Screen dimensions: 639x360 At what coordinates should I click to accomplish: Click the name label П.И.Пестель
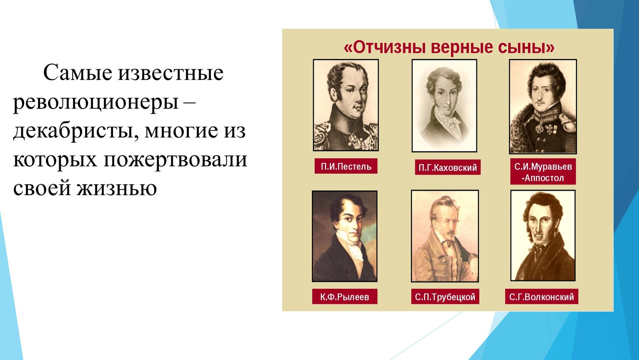(x=346, y=166)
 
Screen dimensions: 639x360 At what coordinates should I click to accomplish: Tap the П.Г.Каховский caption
(x=448, y=167)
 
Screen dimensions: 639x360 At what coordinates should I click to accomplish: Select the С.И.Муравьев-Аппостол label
(x=543, y=172)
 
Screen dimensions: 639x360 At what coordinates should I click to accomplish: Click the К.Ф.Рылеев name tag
(x=345, y=297)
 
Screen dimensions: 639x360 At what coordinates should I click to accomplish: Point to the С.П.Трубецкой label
(x=445, y=297)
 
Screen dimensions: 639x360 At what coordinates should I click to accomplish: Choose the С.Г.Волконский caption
(x=541, y=297)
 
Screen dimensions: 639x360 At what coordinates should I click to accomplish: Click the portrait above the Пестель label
(x=346, y=105)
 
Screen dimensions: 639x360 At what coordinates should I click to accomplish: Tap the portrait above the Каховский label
(x=444, y=105)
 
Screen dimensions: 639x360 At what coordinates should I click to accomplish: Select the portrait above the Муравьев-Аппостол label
(x=543, y=106)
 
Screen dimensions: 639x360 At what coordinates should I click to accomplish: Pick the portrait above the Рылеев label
(x=345, y=236)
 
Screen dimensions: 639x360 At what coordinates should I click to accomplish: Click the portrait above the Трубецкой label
(x=445, y=236)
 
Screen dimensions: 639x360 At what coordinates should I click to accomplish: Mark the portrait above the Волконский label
(x=543, y=235)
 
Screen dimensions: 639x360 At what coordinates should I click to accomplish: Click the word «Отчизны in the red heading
(x=385, y=47)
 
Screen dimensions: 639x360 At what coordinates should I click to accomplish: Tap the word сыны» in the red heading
(x=526, y=47)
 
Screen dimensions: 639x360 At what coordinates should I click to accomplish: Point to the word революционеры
(x=96, y=102)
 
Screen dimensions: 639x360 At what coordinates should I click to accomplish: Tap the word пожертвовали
(x=175, y=159)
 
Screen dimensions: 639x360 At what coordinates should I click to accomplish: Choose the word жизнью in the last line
(x=117, y=188)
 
